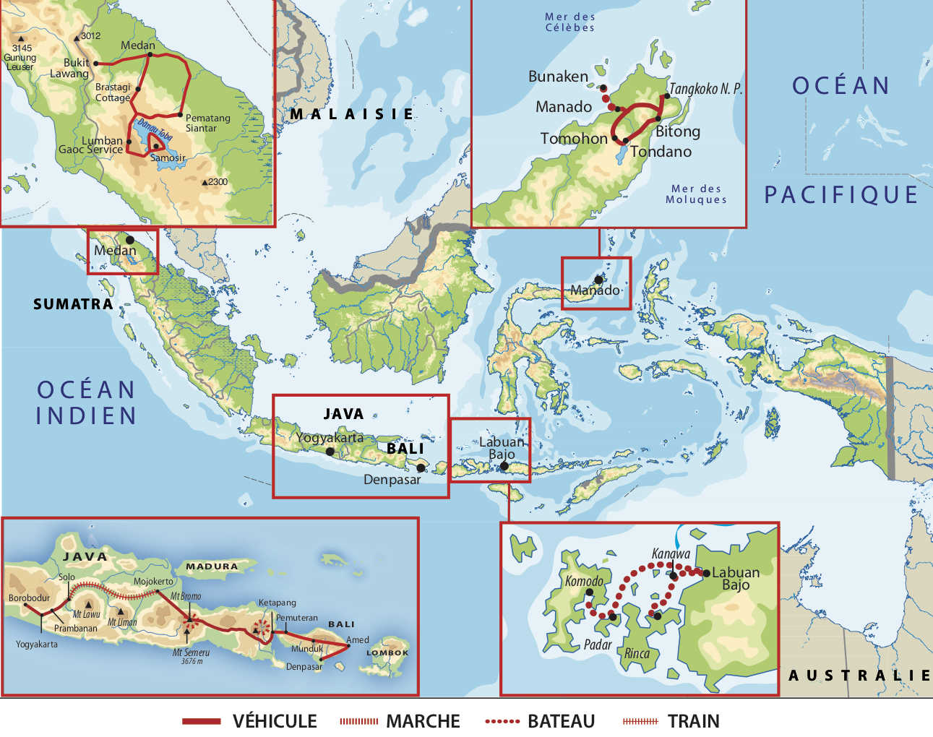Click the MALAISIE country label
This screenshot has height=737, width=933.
point(352,114)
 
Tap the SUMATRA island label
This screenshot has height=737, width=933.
point(73,304)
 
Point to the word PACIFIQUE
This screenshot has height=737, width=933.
point(841,195)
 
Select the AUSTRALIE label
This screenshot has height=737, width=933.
point(859,675)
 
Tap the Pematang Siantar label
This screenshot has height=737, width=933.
point(207,123)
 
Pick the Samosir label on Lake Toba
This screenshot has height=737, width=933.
point(168,158)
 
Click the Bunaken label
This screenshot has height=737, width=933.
point(558,77)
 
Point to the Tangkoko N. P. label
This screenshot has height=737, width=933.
point(705,89)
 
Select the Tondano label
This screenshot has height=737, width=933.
point(661,152)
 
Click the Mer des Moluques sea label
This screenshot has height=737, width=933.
point(695,194)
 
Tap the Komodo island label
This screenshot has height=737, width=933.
point(584,581)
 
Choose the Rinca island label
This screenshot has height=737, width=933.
point(637,654)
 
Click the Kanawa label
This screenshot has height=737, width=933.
point(671,554)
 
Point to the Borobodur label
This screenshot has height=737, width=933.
point(30,598)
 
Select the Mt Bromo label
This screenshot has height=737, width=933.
point(186,596)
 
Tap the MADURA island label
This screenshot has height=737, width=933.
point(212,566)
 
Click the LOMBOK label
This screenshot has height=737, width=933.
point(387,652)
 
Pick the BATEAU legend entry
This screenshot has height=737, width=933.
point(561,721)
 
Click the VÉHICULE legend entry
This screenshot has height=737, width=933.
point(274,721)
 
